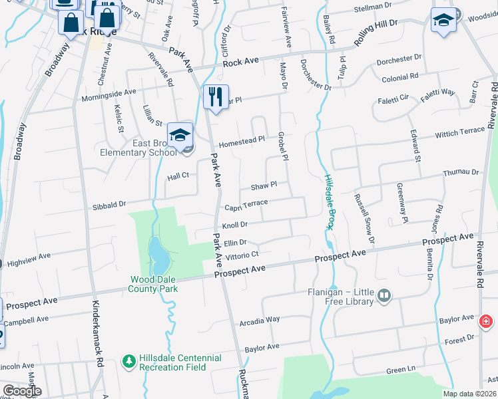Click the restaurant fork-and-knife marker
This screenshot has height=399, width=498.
pos(216,96)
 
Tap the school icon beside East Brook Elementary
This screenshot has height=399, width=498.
pos(180,135)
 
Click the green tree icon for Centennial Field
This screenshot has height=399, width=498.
pos(128,360)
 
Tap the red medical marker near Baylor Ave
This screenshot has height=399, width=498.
pos(487,322)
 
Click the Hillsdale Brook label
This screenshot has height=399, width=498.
pos(329,202)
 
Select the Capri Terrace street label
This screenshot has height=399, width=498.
pos(246,204)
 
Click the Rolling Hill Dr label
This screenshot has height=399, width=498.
pos(375,32)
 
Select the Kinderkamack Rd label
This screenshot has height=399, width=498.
pos(98,346)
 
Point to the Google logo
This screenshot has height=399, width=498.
pos(22,391)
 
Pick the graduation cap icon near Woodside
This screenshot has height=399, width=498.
pos(441,20)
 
